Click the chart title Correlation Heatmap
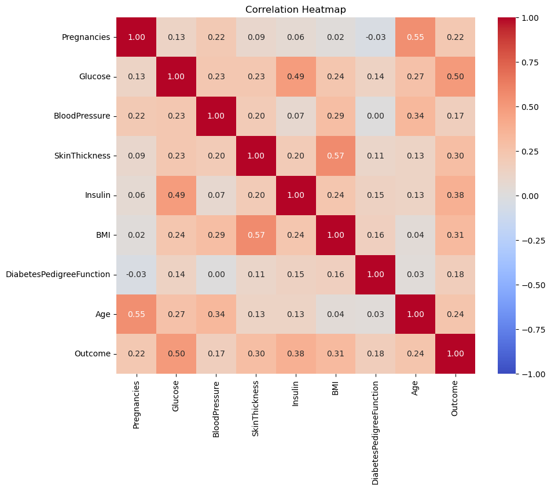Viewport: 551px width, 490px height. point(296,9)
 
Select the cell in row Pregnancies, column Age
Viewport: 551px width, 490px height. point(415,37)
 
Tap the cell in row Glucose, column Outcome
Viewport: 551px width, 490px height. point(455,77)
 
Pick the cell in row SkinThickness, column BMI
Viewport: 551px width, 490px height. point(336,156)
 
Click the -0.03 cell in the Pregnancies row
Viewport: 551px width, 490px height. point(375,37)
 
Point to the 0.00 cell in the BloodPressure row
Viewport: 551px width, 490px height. point(375,116)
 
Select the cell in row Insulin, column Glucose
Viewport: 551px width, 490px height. point(177,196)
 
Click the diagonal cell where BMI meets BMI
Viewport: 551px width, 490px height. point(336,235)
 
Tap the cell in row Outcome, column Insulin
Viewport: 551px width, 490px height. point(296,354)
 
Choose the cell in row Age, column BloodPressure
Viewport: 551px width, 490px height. point(216,314)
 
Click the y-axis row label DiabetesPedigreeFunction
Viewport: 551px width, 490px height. point(58,275)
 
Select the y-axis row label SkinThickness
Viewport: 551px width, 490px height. point(83,156)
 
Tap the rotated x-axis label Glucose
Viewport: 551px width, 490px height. point(176,396)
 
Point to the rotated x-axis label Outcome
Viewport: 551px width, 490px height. point(455,396)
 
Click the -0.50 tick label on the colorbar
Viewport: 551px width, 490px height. point(533,285)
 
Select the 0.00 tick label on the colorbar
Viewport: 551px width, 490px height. point(530,196)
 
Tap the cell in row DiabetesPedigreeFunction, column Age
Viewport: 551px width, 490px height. point(415,275)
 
